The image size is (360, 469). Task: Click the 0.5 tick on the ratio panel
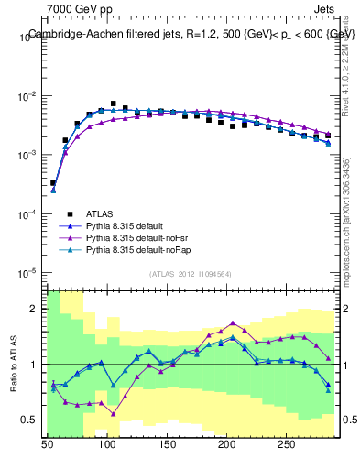[34, 420]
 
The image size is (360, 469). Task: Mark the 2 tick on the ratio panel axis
[38, 309]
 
